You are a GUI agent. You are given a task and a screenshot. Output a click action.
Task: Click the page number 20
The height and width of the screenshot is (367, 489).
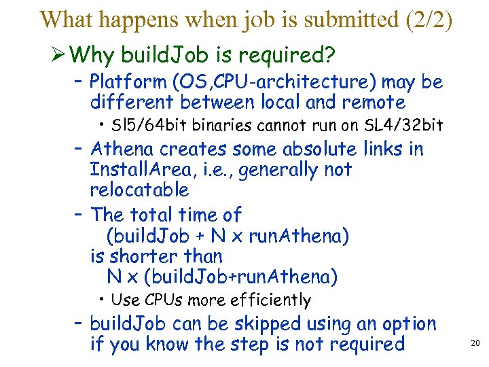pyautogui.click(x=475, y=343)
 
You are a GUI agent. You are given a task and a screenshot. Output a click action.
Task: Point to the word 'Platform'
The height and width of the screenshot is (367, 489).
pyautogui.click(x=128, y=82)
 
